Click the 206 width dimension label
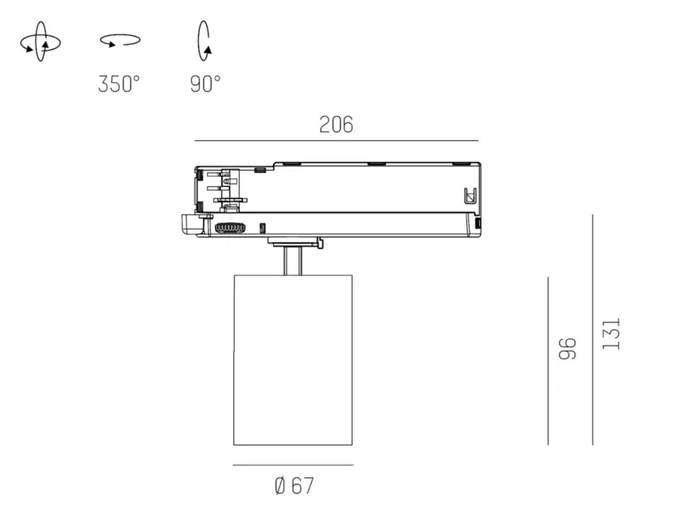[336, 125]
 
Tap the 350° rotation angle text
[119, 84]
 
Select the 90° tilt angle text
[205, 84]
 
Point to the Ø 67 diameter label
[294, 486]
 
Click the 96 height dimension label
[568, 348]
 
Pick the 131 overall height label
[610, 334]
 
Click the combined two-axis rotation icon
[40, 41]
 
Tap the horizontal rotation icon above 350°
[120, 40]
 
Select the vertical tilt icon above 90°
[204, 40]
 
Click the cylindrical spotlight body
[293, 360]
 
